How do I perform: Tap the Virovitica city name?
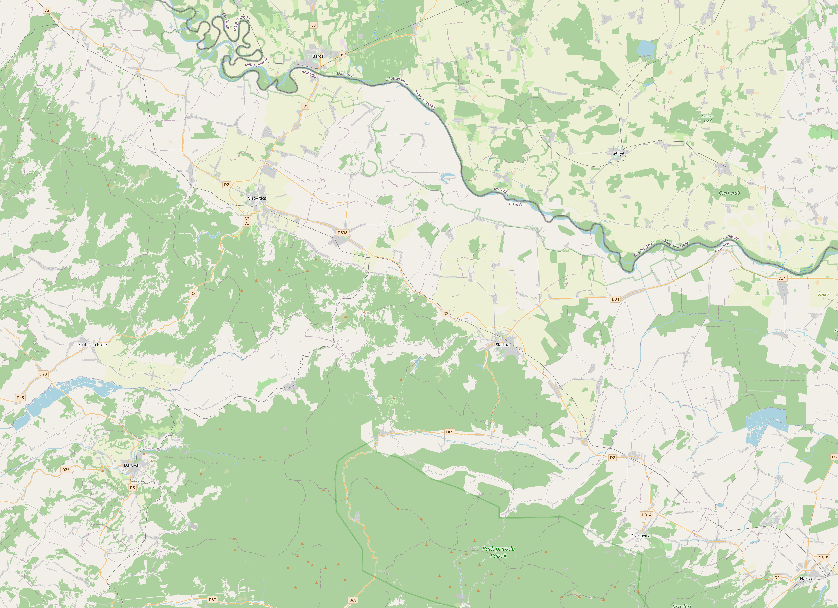pos(257,198)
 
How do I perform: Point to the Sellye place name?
pos(618,153)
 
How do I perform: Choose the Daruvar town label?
pos(132,465)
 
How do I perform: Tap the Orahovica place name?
pos(640,535)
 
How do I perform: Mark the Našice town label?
pos(807,578)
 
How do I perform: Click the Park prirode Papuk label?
pos(498,552)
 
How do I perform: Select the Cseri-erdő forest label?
pos(729,193)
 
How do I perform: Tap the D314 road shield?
pos(646,515)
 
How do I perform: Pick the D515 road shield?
pos(823,558)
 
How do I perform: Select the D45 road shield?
pos(20,398)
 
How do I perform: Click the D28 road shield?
pos(43,374)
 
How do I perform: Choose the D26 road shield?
pos(66,470)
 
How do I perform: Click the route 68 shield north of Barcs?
pos(313,25)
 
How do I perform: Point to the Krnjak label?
pos(824,294)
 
